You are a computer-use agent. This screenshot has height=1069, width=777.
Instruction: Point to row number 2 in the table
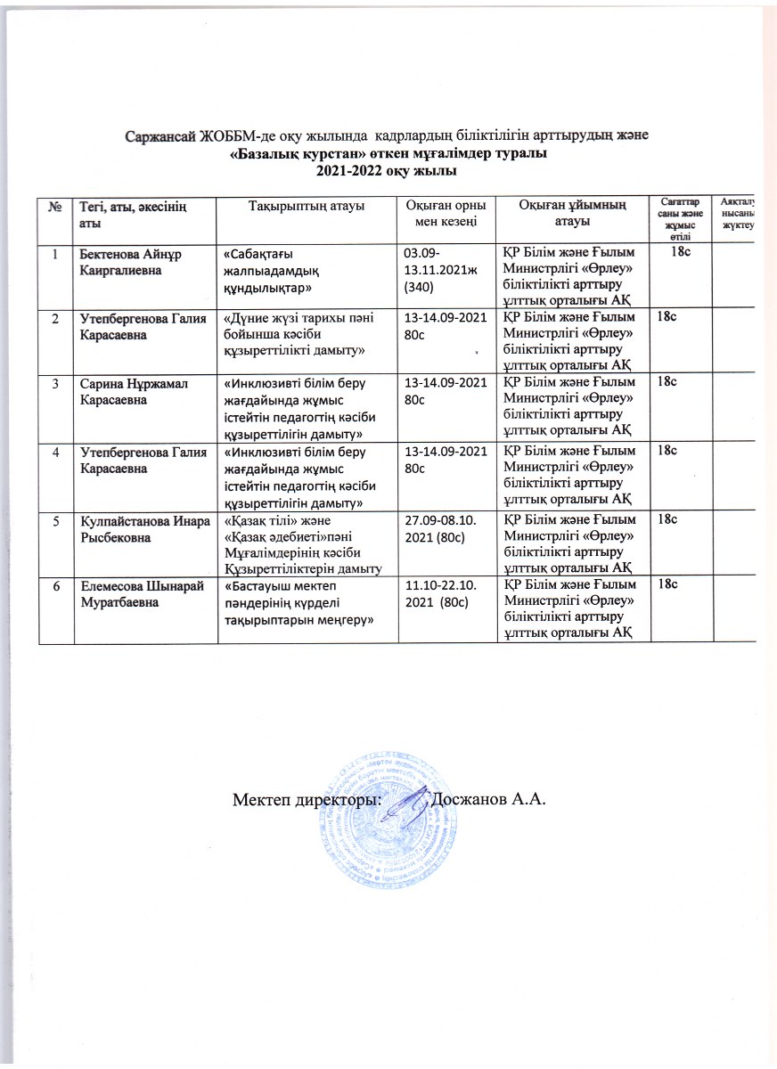pos(55,317)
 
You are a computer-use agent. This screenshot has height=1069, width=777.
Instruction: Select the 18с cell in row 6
pos(667,583)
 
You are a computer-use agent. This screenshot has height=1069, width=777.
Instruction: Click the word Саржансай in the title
pos(160,137)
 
